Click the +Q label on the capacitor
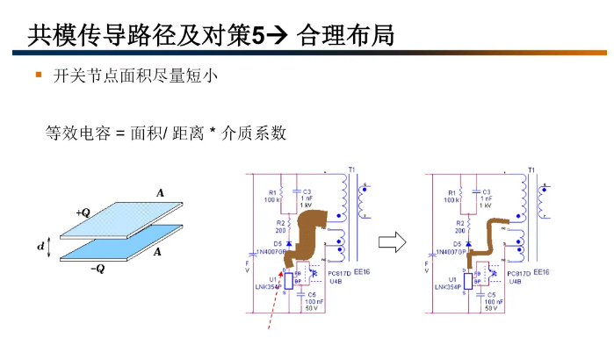click(83, 212)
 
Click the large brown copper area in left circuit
click(310, 231)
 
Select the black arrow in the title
click(275, 36)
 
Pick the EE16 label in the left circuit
click(363, 272)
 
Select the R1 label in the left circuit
click(272, 191)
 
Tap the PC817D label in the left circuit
click(337, 273)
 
